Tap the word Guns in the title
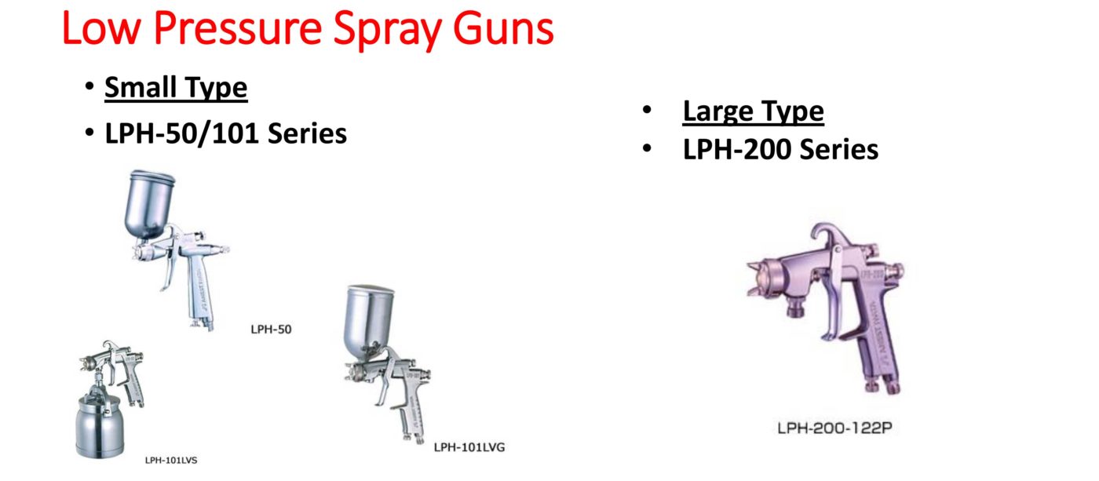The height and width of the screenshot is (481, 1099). pos(503,28)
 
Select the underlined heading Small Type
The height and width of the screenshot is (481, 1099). pos(176,88)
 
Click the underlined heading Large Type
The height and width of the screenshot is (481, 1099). pos(753,111)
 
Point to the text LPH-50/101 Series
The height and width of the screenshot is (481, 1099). pos(226,133)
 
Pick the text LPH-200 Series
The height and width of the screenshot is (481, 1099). pos(780,150)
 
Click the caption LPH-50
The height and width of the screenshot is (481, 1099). pos(271,330)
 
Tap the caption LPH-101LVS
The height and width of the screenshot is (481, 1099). pos(171,461)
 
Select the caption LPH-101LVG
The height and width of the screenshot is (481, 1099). pos(469,447)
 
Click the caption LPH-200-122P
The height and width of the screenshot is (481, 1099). pos(834,428)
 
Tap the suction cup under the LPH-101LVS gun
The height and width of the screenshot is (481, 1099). pos(99,427)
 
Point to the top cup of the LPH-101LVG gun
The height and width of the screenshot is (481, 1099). pos(369,319)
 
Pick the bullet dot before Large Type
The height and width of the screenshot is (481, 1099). pos(647,110)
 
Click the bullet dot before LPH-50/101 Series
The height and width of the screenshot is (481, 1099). pos(89,133)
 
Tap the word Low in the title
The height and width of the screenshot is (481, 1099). pos(101,28)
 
